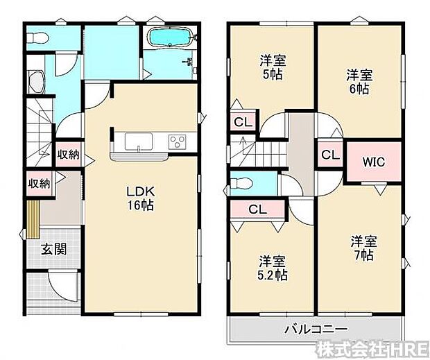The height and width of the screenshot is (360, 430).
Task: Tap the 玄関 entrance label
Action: pos(52,249)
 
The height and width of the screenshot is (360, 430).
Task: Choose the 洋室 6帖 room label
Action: pos(359,81)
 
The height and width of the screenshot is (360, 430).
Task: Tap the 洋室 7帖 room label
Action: pos(363,248)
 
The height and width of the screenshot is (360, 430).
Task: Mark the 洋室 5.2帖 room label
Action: pos(273,268)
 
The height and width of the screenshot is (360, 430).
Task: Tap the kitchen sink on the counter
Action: pos(140,142)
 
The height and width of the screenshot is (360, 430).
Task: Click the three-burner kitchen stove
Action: pos(177,142)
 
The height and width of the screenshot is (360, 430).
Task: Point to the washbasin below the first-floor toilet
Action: pos(35,83)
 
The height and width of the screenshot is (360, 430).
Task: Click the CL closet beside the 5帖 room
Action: pos(242,123)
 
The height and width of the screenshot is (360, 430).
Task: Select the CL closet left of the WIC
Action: pos(330,155)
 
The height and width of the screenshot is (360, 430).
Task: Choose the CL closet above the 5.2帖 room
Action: pos(257,208)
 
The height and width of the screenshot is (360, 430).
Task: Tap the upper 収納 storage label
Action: pos(67,154)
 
